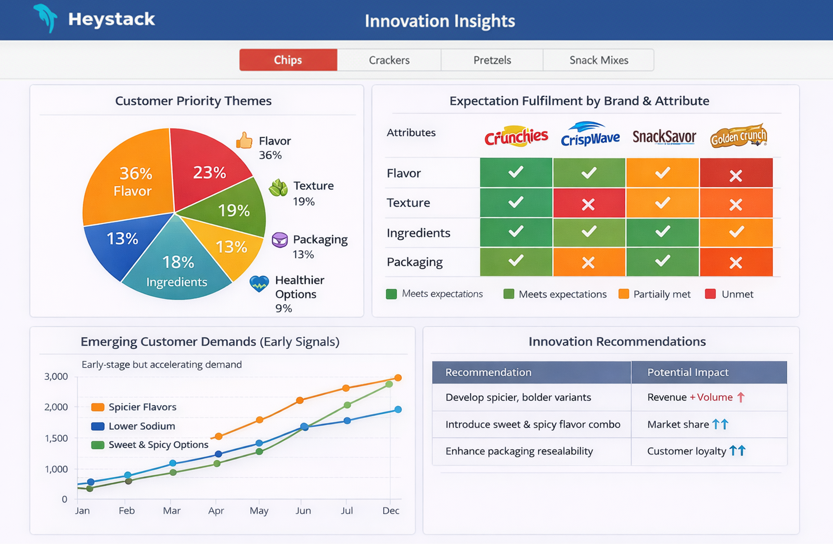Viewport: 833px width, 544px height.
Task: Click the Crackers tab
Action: pos(389,60)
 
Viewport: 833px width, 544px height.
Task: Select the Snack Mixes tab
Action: pos(599,60)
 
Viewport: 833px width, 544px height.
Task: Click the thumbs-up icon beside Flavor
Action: pos(244,141)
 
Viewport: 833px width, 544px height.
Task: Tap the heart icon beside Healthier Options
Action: pos(259,283)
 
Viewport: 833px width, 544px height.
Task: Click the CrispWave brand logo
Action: pos(590,135)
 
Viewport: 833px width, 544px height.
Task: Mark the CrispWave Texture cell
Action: pos(589,203)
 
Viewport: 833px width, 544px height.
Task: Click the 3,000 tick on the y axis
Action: pos(56,377)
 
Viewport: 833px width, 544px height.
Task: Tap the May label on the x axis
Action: pos(259,511)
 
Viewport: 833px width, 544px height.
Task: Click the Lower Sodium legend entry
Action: pos(141,426)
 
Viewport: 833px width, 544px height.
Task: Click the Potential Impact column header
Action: pos(688,372)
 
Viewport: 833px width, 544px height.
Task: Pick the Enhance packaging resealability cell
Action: pos(519,451)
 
